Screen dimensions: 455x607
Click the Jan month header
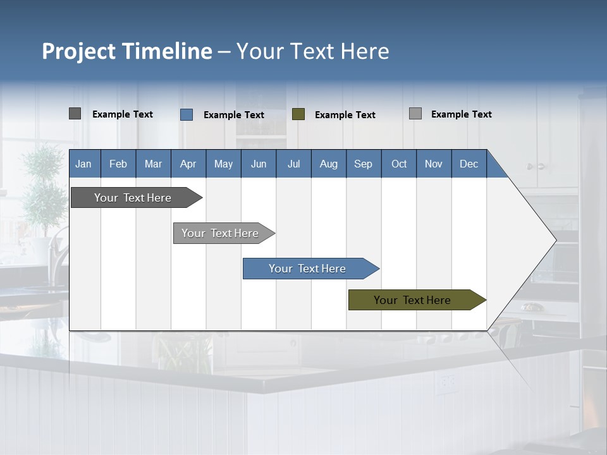point(84,164)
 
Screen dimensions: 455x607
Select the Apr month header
point(188,164)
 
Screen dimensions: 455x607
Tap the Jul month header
point(293,164)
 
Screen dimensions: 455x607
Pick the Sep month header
point(364,164)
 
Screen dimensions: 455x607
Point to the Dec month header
point(469,164)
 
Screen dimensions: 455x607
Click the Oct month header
point(399,164)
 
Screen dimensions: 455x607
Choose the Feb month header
point(118,164)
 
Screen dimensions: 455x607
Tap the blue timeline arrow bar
point(308,269)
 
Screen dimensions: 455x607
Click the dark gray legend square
point(75,114)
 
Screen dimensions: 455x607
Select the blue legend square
point(187,114)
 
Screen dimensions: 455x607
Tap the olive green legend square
point(298,114)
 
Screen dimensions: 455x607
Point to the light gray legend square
point(415,114)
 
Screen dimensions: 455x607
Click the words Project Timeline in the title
point(127,51)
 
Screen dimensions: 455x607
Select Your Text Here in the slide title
point(313,51)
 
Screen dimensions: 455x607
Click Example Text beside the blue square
point(234,114)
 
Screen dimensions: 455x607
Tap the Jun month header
point(259,164)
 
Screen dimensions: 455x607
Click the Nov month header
point(434,164)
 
